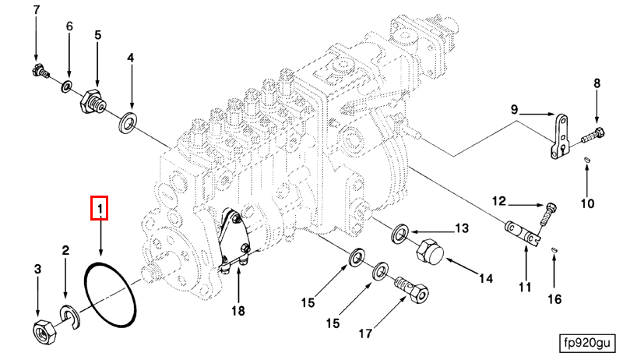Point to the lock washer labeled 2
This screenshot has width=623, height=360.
coord(69,316)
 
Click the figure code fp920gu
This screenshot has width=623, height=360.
coord(590,343)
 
